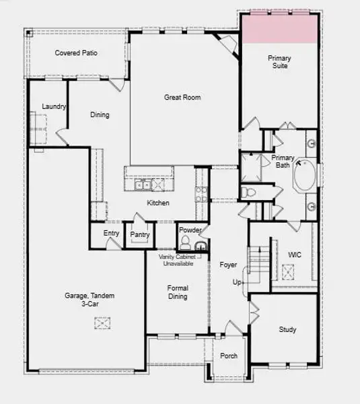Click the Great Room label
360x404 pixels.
click(x=182, y=98)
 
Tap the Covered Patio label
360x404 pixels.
click(x=77, y=53)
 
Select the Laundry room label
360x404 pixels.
click(x=53, y=106)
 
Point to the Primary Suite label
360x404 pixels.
click(x=279, y=62)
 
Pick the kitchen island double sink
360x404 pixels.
click(x=142, y=185)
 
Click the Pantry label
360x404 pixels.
click(x=140, y=234)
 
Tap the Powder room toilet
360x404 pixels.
click(x=186, y=244)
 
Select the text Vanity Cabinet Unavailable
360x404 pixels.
click(x=176, y=261)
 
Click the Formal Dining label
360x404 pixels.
click(x=178, y=292)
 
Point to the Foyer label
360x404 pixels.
click(x=228, y=265)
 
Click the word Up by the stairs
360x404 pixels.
click(x=237, y=281)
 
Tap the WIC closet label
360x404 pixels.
click(x=294, y=255)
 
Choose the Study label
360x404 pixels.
click(x=287, y=329)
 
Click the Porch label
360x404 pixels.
click(x=229, y=356)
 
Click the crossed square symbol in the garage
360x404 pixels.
click(x=102, y=324)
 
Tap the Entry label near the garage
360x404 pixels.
click(x=111, y=233)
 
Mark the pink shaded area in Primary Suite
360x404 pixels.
click(x=279, y=27)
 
